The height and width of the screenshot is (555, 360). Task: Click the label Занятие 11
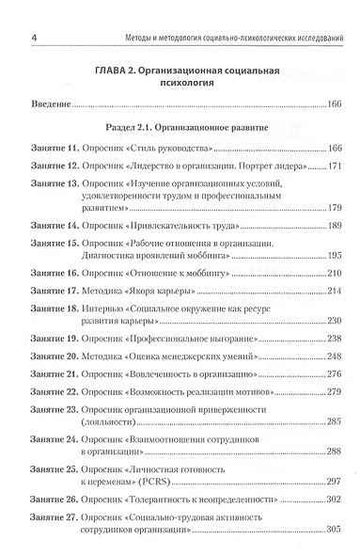click(x=55, y=151)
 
